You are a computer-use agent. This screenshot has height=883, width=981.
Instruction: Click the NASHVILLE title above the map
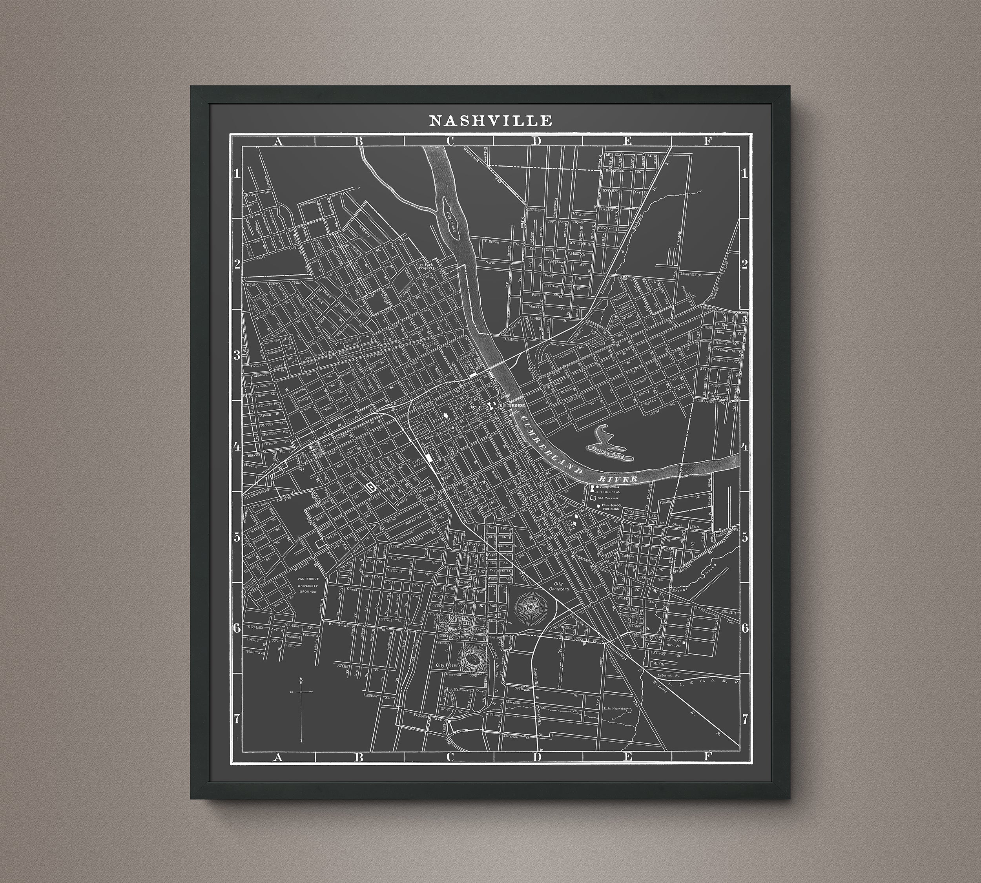point(490,121)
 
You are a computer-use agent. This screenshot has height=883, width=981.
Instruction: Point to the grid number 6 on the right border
point(745,628)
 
